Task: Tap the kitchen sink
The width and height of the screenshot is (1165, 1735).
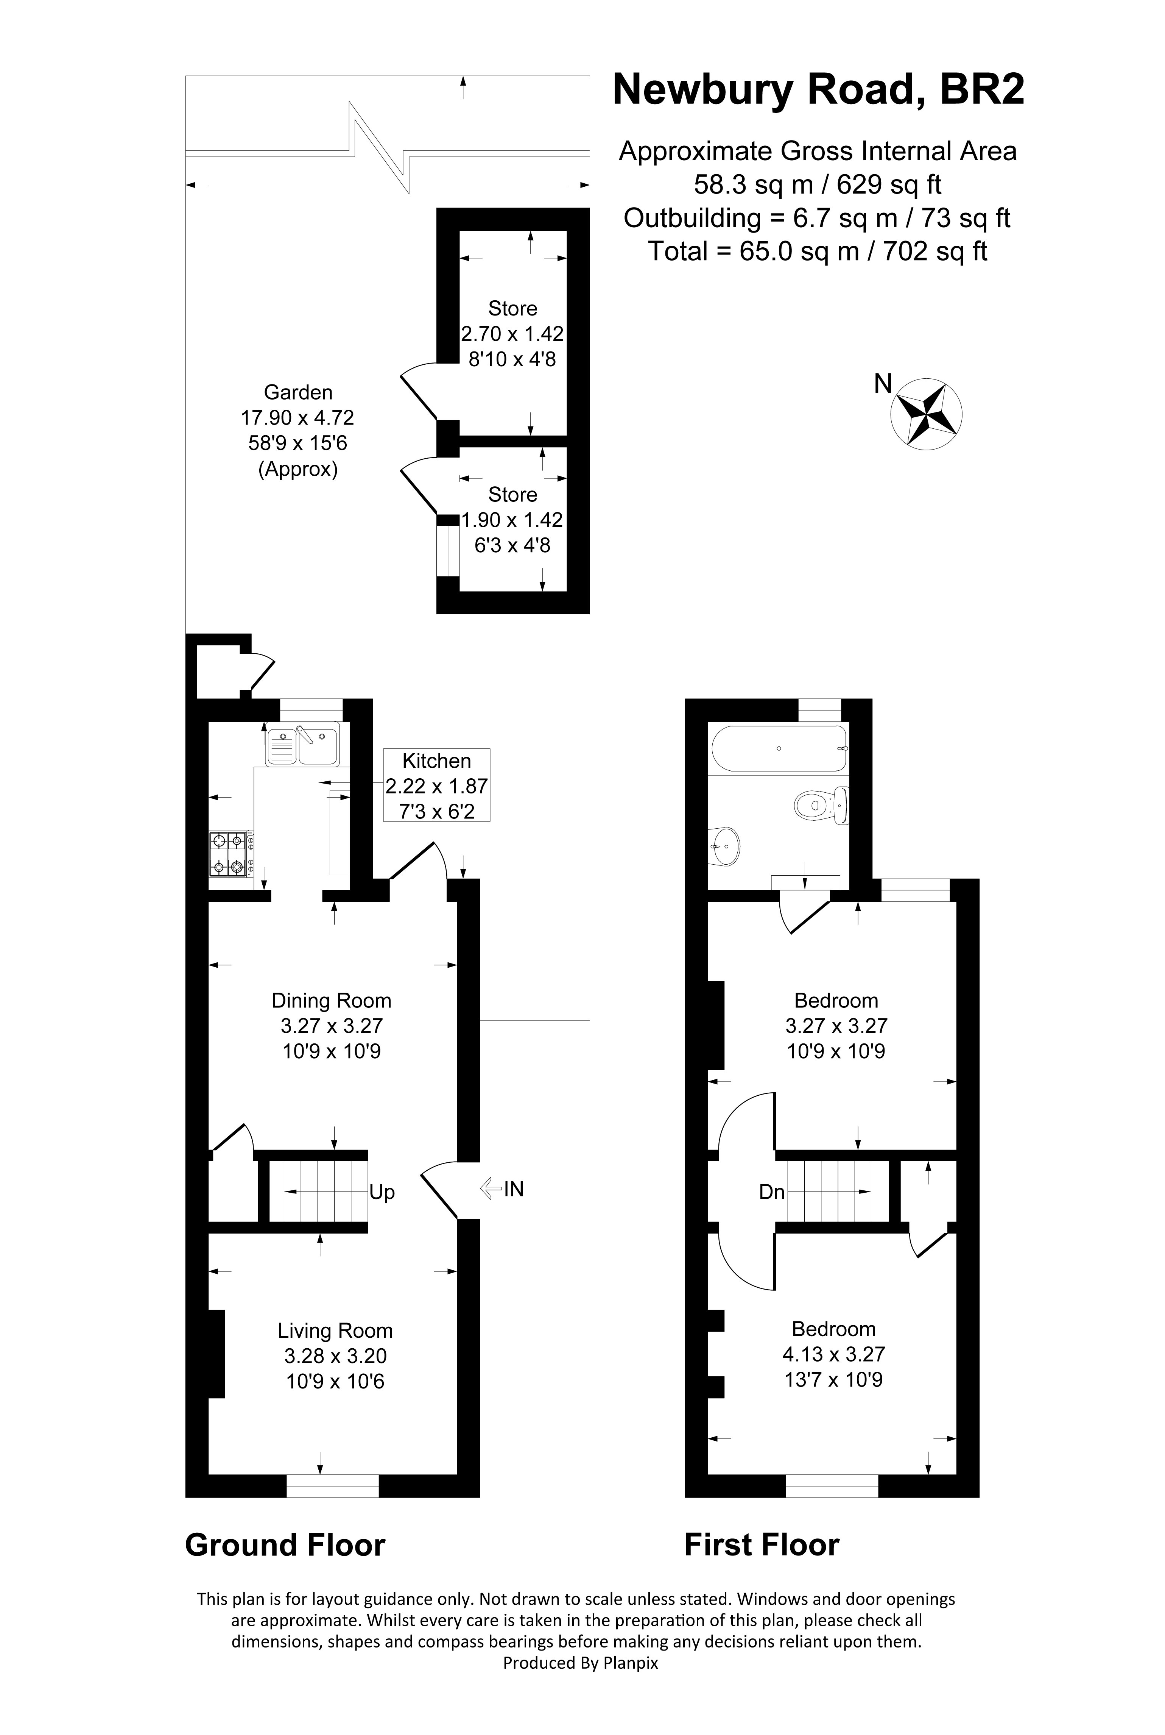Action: [302, 745]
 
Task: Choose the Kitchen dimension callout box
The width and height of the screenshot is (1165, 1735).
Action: [436, 785]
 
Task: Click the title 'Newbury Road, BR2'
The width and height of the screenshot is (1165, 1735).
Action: [818, 90]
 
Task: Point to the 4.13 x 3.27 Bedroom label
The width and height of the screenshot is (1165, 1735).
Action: [833, 1354]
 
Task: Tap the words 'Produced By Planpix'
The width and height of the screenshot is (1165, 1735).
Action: [580, 1663]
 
